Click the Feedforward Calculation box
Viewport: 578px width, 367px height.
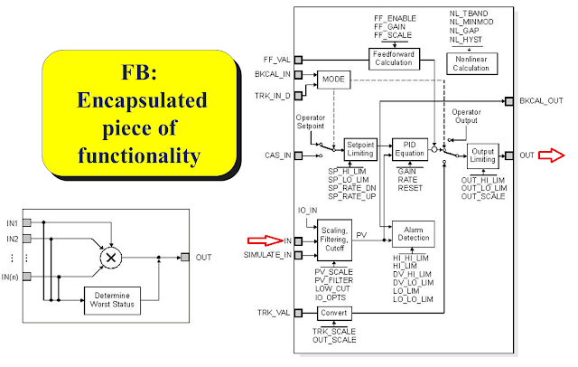pos(394,59)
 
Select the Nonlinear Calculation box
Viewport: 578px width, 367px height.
pos(471,63)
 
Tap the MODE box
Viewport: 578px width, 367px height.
pos(333,80)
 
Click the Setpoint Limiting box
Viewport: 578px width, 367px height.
pos(360,149)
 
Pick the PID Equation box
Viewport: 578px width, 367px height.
pos(410,149)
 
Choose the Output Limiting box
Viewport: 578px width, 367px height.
pos(483,155)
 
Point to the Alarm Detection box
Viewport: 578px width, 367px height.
pos(414,234)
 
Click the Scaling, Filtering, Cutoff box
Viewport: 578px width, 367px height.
pos(334,240)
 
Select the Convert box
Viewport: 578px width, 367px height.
pos(334,313)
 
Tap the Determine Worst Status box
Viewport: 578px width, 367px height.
pos(112,301)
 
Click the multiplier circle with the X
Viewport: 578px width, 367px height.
pos(111,258)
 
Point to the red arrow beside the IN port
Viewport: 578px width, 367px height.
pos(265,240)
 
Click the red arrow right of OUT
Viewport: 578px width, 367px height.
pos(552,155)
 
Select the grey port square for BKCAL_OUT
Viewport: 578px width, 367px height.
pos(509,101)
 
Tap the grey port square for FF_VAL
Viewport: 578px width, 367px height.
pos(298,60)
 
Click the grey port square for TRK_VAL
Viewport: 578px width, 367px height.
pos(298,313)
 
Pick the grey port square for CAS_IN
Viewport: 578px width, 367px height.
pos(298,155)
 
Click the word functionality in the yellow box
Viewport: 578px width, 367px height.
pos(139,155)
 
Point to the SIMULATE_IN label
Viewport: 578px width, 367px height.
pos(267,255)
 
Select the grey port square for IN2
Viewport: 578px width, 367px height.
pos(27,239)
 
